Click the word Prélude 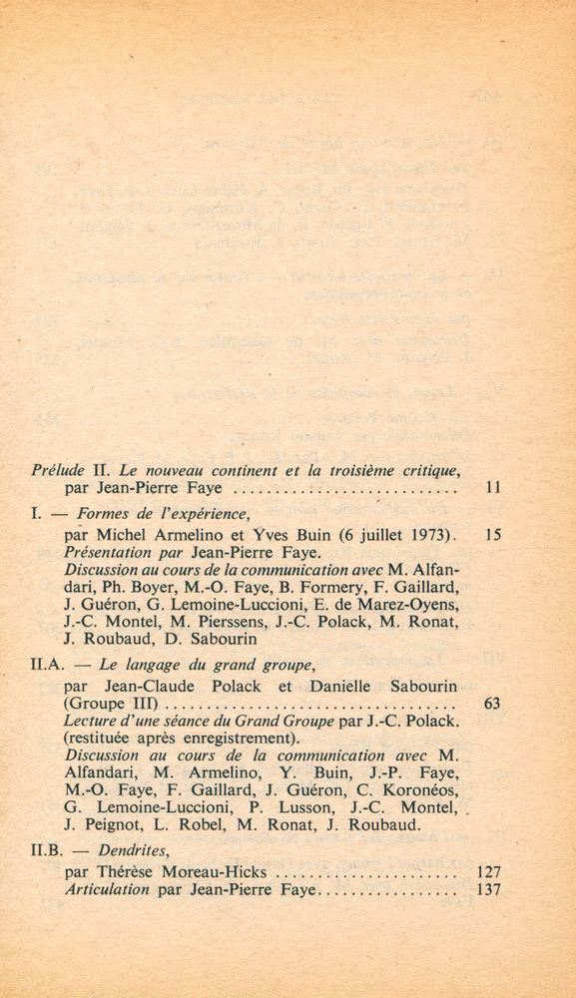[57, 468]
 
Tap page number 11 [491, 489]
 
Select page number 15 [491, 534]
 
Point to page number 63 [491, 703]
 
